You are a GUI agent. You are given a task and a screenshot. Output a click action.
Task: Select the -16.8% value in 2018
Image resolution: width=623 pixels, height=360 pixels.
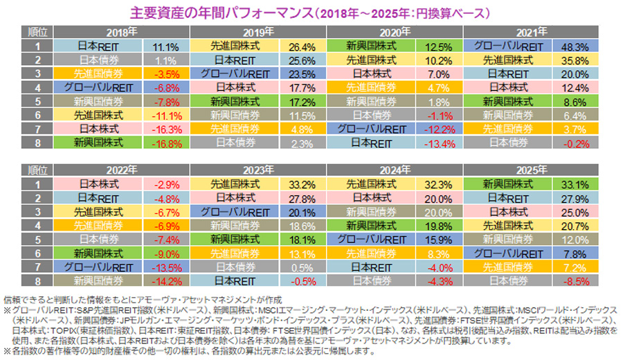pos(163,143)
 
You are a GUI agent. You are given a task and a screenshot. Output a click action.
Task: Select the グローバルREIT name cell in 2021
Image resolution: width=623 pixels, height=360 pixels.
pos(509,46)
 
